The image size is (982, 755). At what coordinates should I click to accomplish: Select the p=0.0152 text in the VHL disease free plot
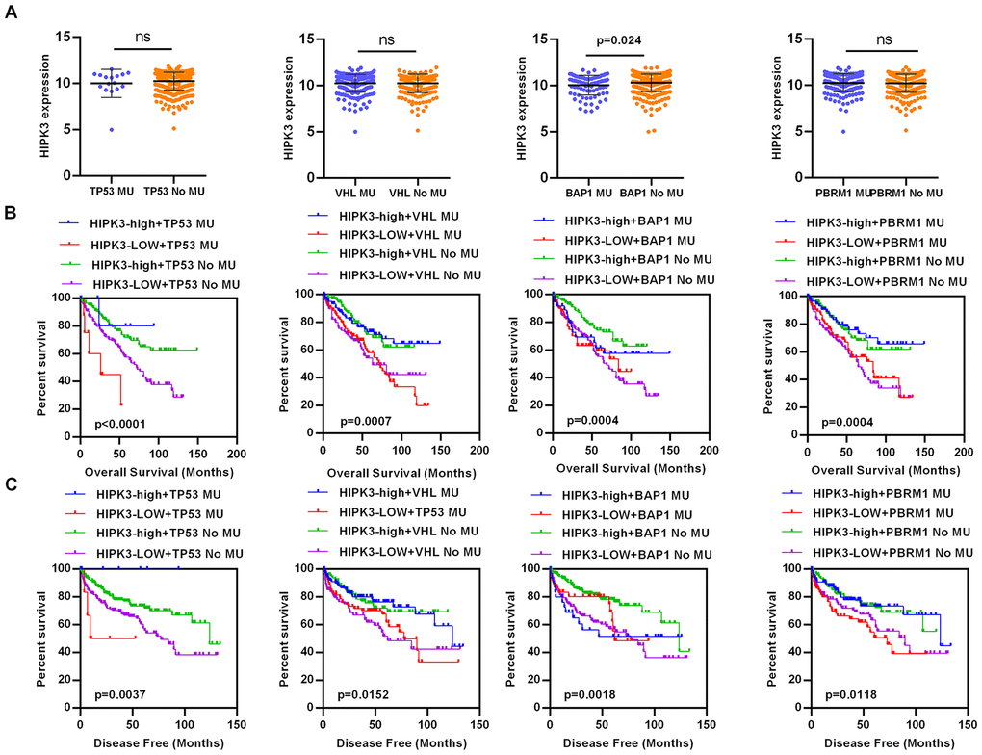click(x=354, y=692)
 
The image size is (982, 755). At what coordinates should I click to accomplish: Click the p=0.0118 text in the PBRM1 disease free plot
click(x=842, y=692)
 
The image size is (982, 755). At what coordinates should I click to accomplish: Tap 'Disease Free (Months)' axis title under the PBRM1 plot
click(x=881, y=745)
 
